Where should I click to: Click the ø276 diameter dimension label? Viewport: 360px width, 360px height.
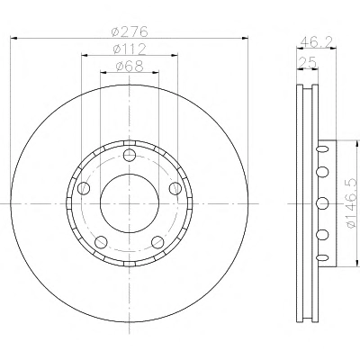[x=130, y=31]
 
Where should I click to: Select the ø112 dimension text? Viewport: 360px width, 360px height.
[x=130, y=49]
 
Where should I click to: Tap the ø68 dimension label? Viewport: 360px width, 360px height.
[x=130, y=67]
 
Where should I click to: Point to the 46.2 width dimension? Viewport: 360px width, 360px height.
[x=316, y=41]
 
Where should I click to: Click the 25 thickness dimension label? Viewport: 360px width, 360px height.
[x=307, y=62]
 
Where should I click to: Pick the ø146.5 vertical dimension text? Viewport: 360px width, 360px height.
[x=352, y=202]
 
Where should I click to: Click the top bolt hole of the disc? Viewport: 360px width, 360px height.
[x=130, y=155]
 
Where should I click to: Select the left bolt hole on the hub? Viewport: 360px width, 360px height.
[x=84, y=188]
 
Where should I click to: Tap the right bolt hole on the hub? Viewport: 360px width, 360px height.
[x=175, y=188]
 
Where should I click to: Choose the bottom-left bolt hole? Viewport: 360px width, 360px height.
[x=101, y=242]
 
